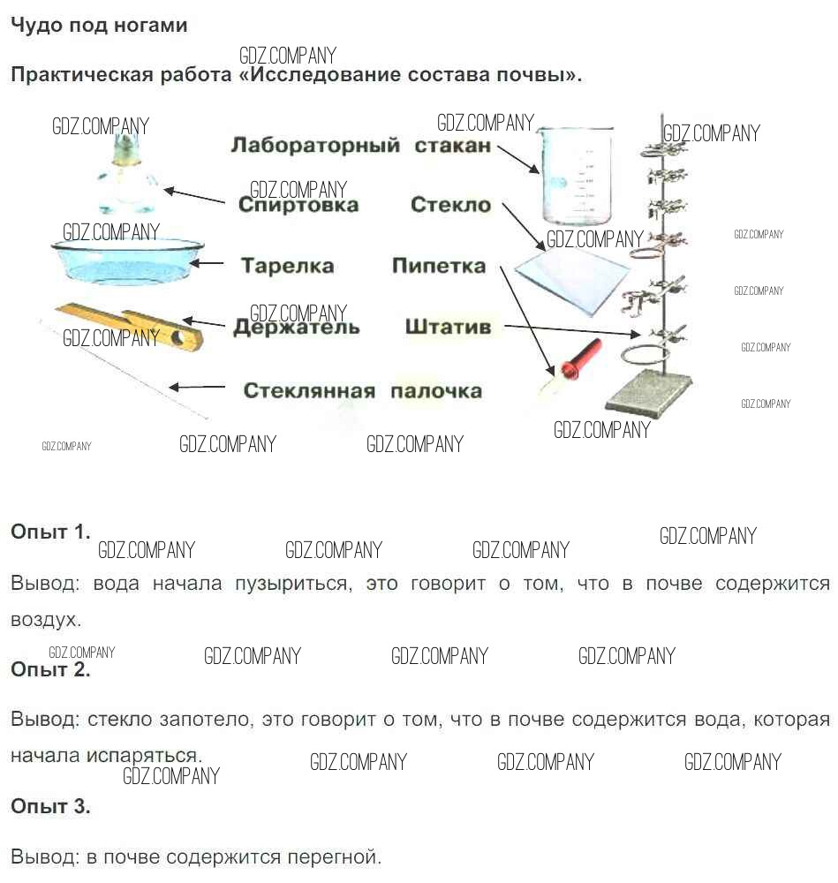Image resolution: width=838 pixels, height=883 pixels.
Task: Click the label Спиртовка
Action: pyautogui.click(x=298, y=205)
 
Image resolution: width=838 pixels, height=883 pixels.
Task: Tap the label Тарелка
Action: pyautogui.click(x=287, y=265)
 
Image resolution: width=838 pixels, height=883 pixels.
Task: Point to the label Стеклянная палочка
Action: pyautogui.click(x=362, y=390)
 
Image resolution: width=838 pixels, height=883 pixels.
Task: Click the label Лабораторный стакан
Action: pyautogui.click(x=359, y=145)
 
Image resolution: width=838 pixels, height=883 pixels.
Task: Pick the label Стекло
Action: pyautogui.click(x=450, y=205)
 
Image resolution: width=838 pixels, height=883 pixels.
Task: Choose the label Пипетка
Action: pyautogui.click(x=439, y=265)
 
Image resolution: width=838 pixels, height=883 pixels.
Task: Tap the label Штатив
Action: pyautogui.click(x=448, y=327)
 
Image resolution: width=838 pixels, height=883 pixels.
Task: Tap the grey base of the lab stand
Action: pyautogui.click(x=645, y=391)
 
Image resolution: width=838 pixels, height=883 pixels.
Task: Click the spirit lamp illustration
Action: pyautogui.click(x=125, y=177)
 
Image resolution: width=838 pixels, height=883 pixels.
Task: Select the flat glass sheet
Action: pyautogui.click(x=571, y=278)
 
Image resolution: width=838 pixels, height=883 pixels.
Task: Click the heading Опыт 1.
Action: pyautogui.click(x=50, y=532)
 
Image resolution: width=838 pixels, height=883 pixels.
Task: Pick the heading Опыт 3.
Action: pyautogui.click(x=50, y=805)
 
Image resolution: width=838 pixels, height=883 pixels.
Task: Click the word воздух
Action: pyautogui.click(x=45, y=620)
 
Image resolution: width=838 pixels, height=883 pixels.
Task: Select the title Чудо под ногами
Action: pyautogui.click(x=99, y=25)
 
